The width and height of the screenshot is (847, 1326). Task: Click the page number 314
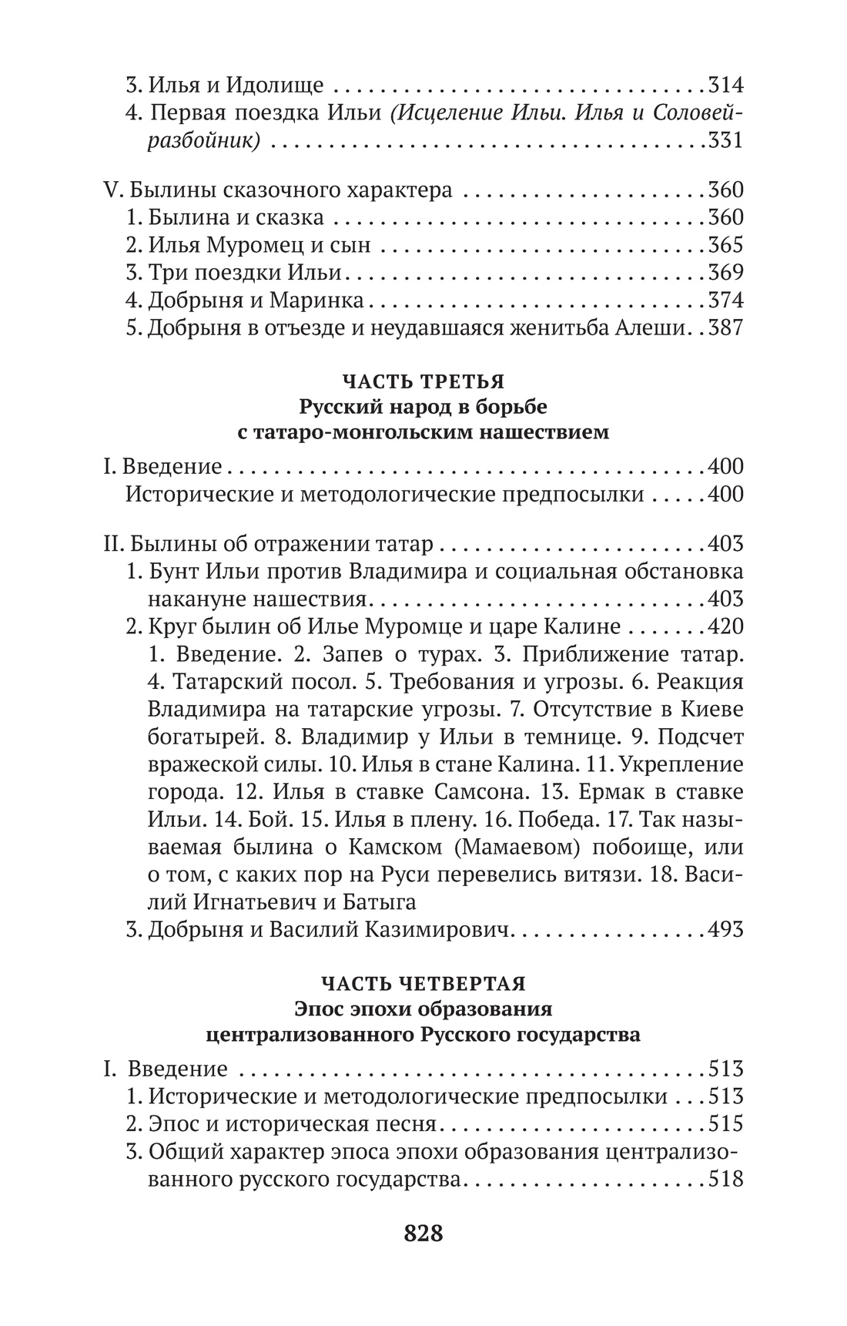click(x=725, y=86)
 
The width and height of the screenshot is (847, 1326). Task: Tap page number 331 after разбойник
click(x=725, y=141)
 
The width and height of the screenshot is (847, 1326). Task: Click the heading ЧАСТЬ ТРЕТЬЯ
click(x=423, y=382)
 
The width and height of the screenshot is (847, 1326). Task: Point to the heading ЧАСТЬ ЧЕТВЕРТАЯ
click(x=423, y=984)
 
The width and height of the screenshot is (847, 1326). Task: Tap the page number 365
click(x=725, y=245)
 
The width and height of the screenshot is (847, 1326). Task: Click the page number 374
click(x=725, y=300)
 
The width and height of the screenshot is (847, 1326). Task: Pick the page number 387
click(x=725, y=328)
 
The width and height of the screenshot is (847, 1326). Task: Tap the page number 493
click(x=725, y=929)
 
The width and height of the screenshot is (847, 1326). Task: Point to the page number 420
click(x=725, y=627)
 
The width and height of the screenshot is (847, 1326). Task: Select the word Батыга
click(x=378, y=901)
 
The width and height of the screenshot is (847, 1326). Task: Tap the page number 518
click(x=725, y=1180)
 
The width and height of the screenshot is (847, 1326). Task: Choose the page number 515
click(x=725, y=1124)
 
